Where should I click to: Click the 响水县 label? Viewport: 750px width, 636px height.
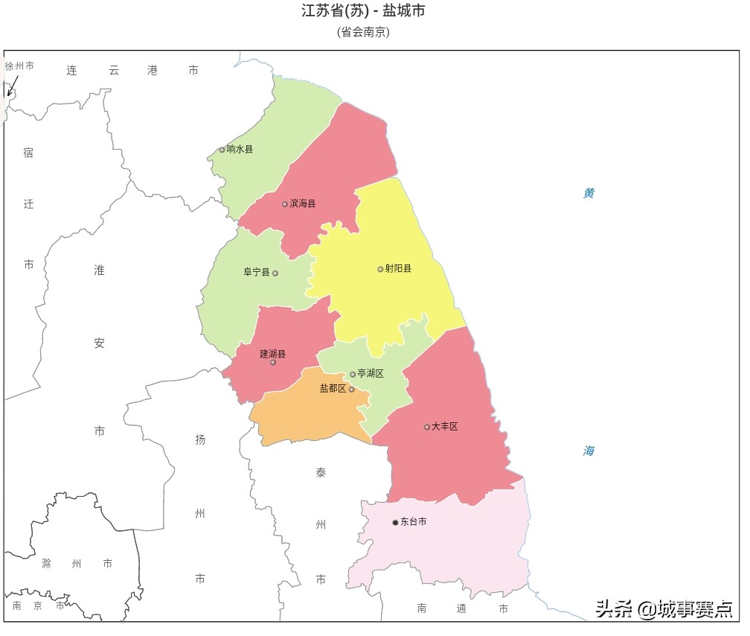click(240, 150)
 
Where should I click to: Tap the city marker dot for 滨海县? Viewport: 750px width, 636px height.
click(284, 204)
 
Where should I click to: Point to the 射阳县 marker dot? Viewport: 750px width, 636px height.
click(380, 269)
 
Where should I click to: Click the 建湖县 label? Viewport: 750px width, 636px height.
click(272, 354)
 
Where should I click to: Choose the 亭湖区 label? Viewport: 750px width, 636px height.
click(371, 374)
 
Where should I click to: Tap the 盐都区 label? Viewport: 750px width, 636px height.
click(333, 389)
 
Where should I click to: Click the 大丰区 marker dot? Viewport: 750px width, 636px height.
click(427, 427)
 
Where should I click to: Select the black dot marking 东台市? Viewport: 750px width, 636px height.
click(395, 523)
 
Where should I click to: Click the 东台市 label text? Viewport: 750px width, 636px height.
click(414, 522)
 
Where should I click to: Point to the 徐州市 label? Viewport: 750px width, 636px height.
click(19, 66)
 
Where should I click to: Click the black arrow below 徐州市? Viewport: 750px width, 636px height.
click(12, 86)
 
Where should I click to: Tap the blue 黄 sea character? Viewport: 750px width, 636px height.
click(589, 194)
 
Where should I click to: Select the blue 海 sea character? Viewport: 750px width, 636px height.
click(589, 451)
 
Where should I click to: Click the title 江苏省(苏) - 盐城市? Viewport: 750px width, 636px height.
click(363, 11)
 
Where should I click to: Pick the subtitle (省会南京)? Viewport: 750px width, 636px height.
click(363, 32)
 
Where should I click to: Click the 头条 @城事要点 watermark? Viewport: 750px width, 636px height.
click(663, 608)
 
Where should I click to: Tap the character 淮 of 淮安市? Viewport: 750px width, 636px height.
click(99, 270)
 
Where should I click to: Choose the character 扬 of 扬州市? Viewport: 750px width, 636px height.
click(200, 439)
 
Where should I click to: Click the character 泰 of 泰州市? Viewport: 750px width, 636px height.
click(321, 473)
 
